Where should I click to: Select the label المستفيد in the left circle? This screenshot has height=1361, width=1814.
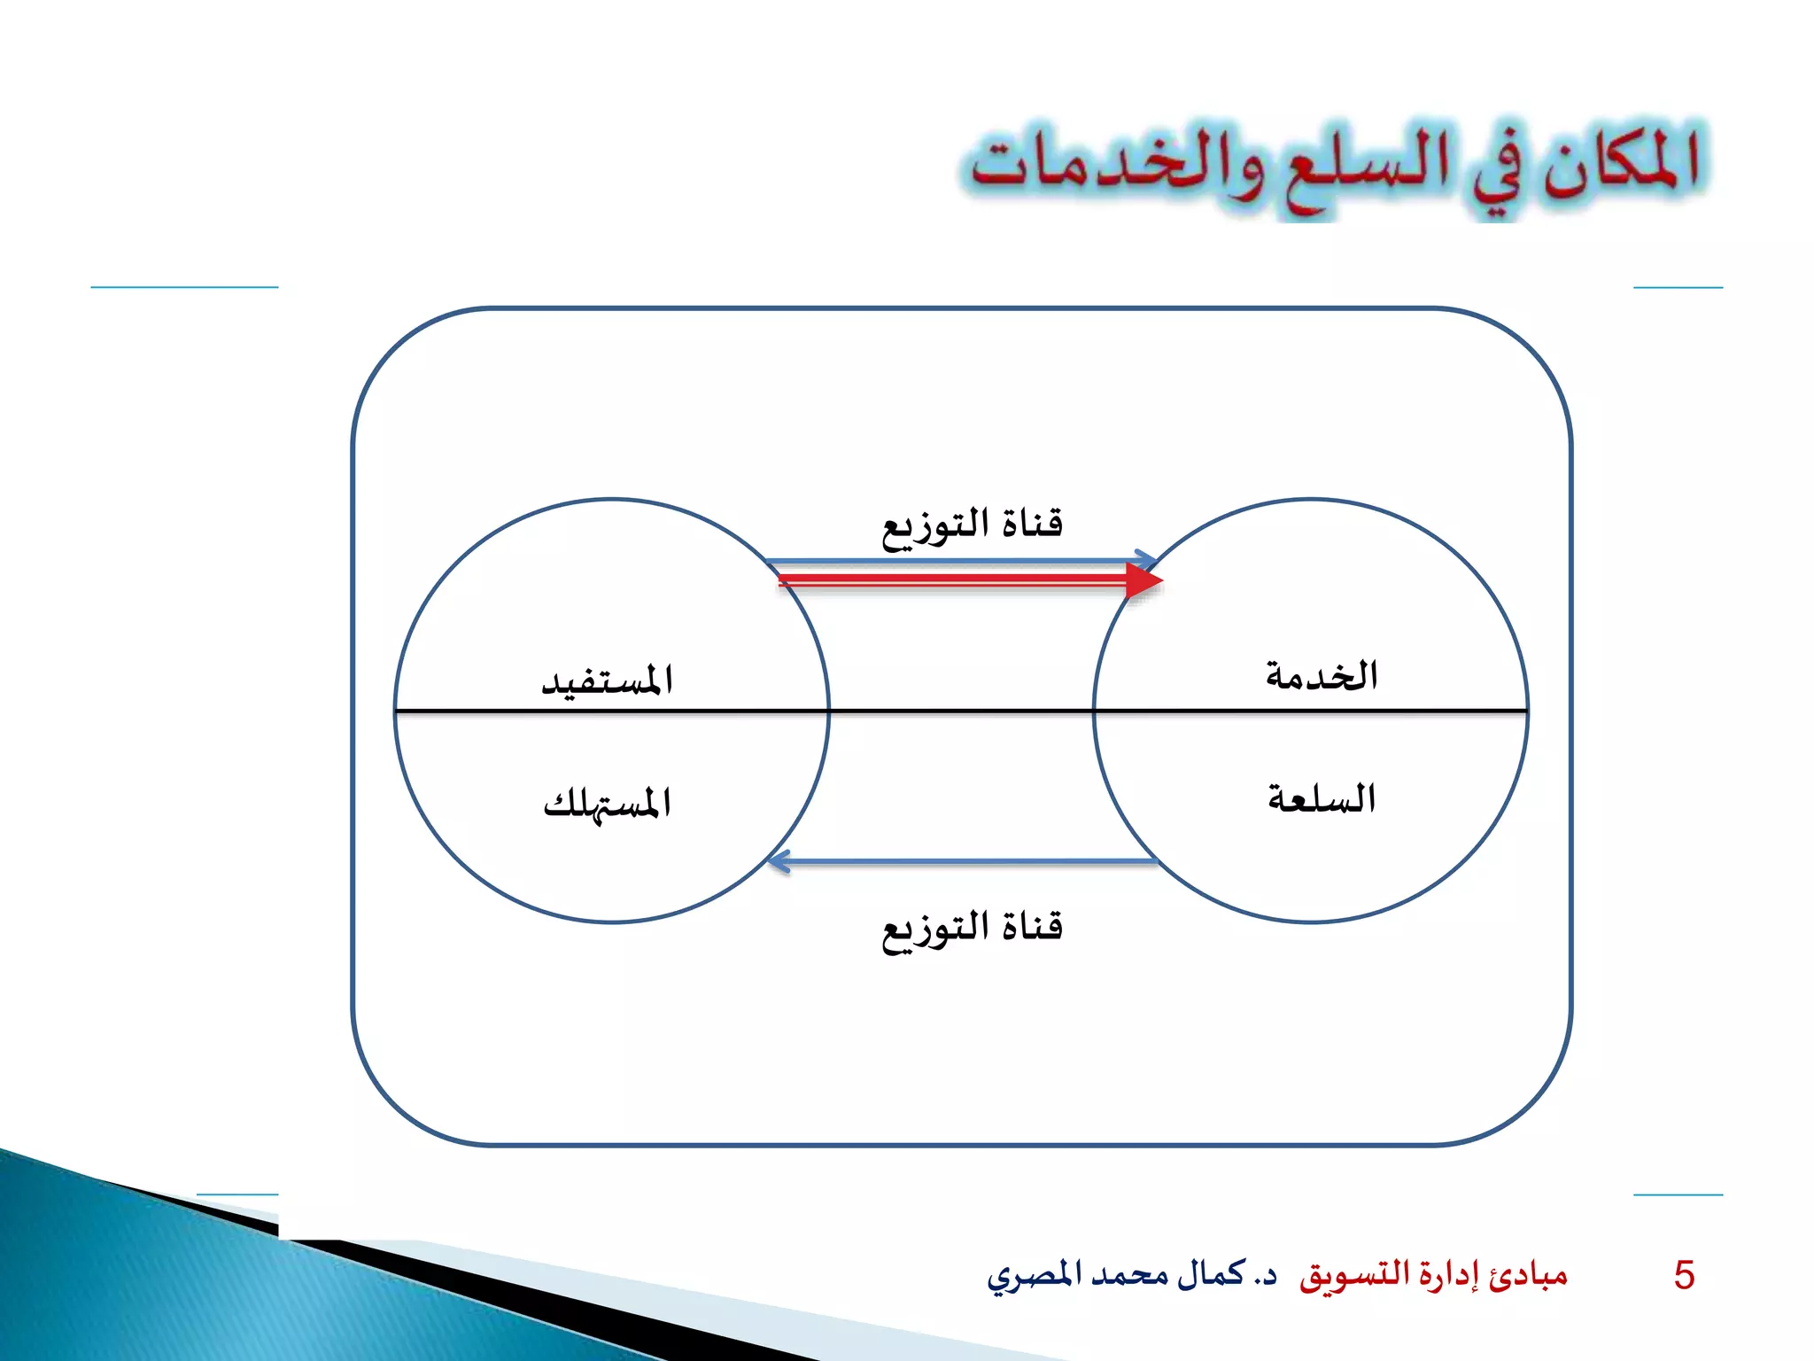[608, 680]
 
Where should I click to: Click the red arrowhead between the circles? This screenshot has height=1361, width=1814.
[1144, 581]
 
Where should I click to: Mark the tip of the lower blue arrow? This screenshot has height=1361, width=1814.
[773, 861]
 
